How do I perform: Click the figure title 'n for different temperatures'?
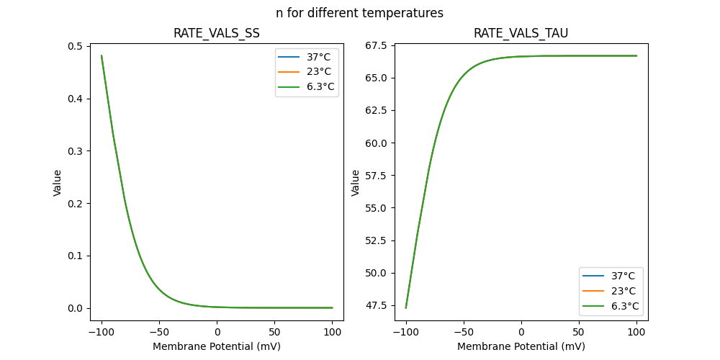(359, 13)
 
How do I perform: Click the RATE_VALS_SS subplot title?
(216, 34)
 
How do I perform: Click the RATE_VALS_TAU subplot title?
(521, 34)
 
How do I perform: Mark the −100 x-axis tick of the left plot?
(102, 333)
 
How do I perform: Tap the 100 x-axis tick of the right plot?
(636, 333)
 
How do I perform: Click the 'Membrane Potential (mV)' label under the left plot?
(216, 346)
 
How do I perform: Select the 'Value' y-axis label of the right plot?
(355, 183)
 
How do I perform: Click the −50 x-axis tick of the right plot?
(464, 333)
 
